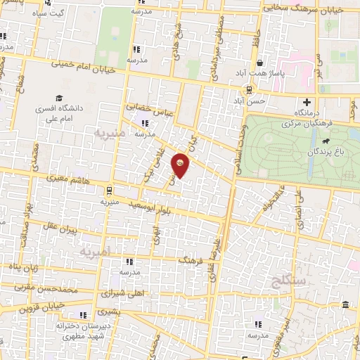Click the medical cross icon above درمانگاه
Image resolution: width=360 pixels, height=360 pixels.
point(305,102)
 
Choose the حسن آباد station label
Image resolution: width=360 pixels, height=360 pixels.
point(251,101)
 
